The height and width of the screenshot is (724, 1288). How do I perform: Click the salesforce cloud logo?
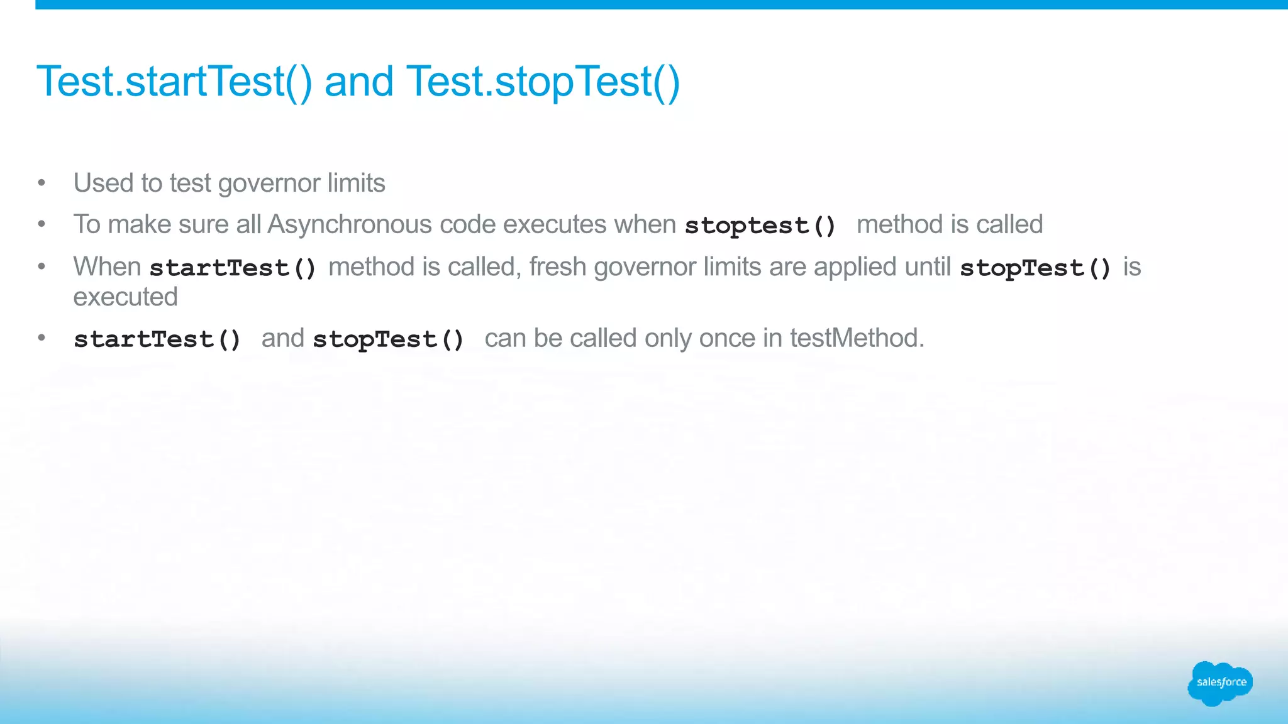coord(1219,683)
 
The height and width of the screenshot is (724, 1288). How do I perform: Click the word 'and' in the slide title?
coord(358,82)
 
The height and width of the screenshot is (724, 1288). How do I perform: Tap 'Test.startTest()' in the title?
coord(174,82)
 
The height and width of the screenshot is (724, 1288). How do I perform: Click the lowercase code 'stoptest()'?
coord(760,226)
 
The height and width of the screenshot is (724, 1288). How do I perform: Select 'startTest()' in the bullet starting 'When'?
coord(233,268)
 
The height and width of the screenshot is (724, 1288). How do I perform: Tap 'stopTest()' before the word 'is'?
coord(1035,268)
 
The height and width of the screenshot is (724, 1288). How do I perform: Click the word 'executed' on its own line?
coord(125,297)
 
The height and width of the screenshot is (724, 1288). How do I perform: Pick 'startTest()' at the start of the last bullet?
coord(157,339)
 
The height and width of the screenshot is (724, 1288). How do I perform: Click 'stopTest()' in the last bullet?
coord(388,339)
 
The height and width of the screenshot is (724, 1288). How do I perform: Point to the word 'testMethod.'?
coord(857,338)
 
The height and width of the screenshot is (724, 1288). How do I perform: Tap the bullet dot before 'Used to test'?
coord(42,184)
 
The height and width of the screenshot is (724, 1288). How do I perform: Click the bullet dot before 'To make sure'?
coord(42,224)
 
